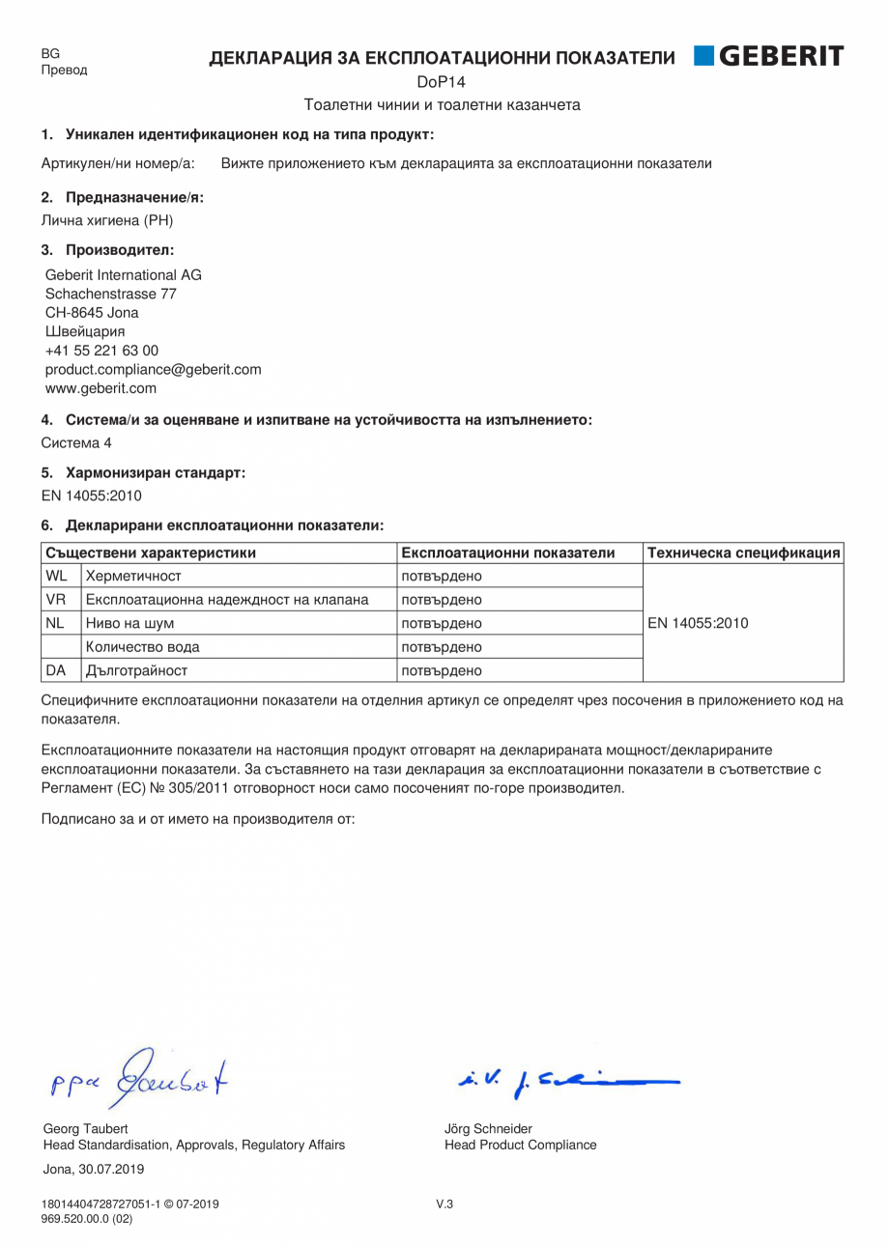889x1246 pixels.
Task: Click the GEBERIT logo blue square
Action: pyautogui.click(x=703, y=56)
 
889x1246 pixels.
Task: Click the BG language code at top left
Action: pyautogui.click(x=50, y=54)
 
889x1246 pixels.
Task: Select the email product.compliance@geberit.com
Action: pyautogui.click(x=153, y=369)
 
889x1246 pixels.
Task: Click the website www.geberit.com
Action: pyautogui.click(x=100, y=388)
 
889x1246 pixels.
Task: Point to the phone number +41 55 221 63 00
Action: pyautogui.click(x=101, y=351)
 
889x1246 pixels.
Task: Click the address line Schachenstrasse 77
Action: pyautogui.click(x=110, y=294)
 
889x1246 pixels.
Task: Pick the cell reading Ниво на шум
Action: pyautogui.click(x=130, y=624)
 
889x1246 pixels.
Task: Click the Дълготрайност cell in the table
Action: pyautogui.click(x=136, y=670)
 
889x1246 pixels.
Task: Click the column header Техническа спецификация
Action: pyautogui.click(x=743, y=552)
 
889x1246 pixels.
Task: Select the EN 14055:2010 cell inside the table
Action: pyautogui.click(x=698, y=623)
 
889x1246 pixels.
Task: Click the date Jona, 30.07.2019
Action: pyautogui.click(x=94, y=1169)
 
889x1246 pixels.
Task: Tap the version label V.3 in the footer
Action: pyautogui.click(x=444, y=1204)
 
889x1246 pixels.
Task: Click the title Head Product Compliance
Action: pyautogui.click(x=520, y=1145)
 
